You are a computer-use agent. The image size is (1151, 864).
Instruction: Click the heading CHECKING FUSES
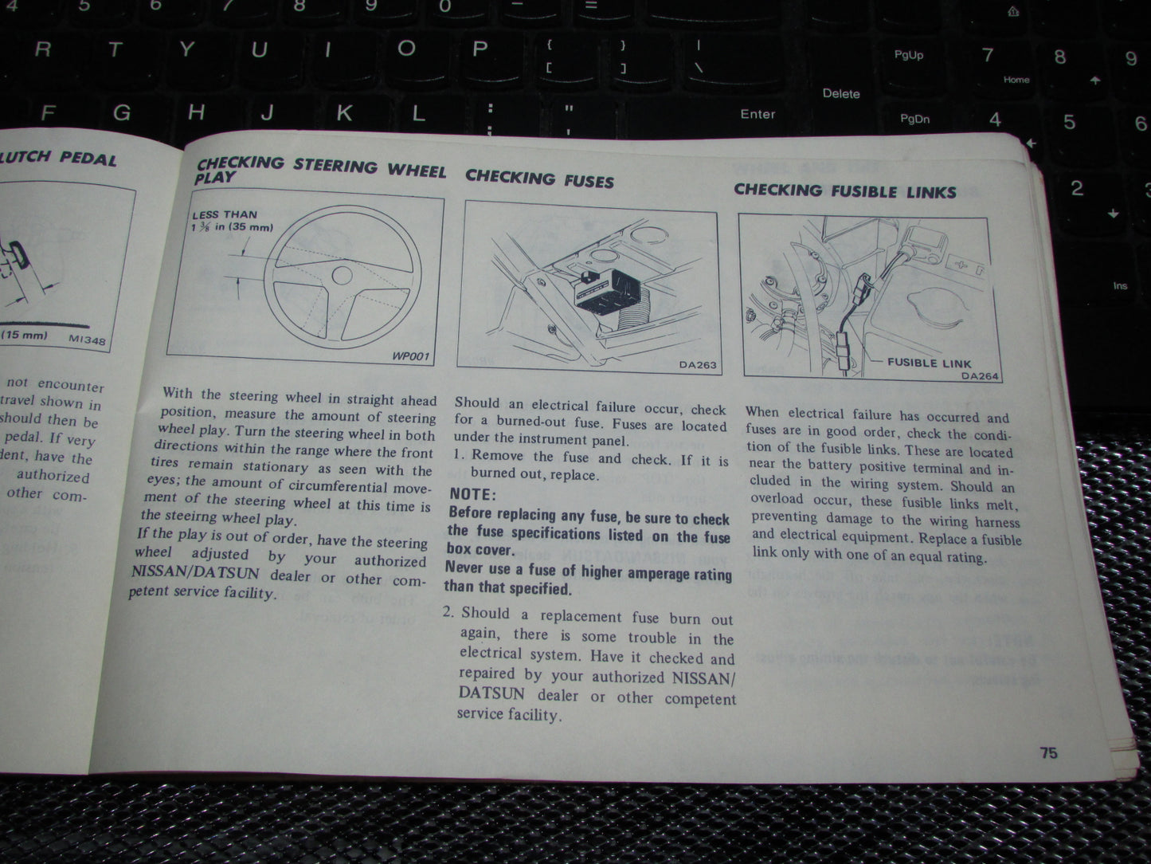pyautogui.click(x=539, y=179)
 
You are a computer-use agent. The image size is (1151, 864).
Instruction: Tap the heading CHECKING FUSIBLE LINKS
pyautogui.click(x=844, y=190)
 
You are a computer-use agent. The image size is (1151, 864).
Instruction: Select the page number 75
pyautogui.click(x=1048, y=753)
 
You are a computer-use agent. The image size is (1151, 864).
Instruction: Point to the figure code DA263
pyautogui.click(x=697, y=365)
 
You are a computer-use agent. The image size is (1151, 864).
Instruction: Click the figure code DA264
pyautogui.click(x=979, y=376)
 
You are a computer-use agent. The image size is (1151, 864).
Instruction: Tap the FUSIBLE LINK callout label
pyautogui.click(x=929, y=363)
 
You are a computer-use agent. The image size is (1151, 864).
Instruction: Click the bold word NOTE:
pyautogui.click(x=472, y=494)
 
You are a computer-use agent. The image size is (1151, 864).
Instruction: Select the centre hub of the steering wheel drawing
pyautogui.click(x=342, y=276)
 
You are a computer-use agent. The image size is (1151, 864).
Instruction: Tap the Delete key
pyautogui.click(x=841, y=93)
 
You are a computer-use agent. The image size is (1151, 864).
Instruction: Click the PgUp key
pyautogui.click(x=908, y=55)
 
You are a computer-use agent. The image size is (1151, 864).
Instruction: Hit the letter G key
pyautogui.click(x=122, y=112)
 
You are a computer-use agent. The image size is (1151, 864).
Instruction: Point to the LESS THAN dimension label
pyautogui.click(x=225, y=214)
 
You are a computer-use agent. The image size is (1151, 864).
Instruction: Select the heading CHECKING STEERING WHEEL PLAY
pyautogui.click(x=319, y=168)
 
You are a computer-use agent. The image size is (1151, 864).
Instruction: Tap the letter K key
pyautogui.click(x=344, y=112)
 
